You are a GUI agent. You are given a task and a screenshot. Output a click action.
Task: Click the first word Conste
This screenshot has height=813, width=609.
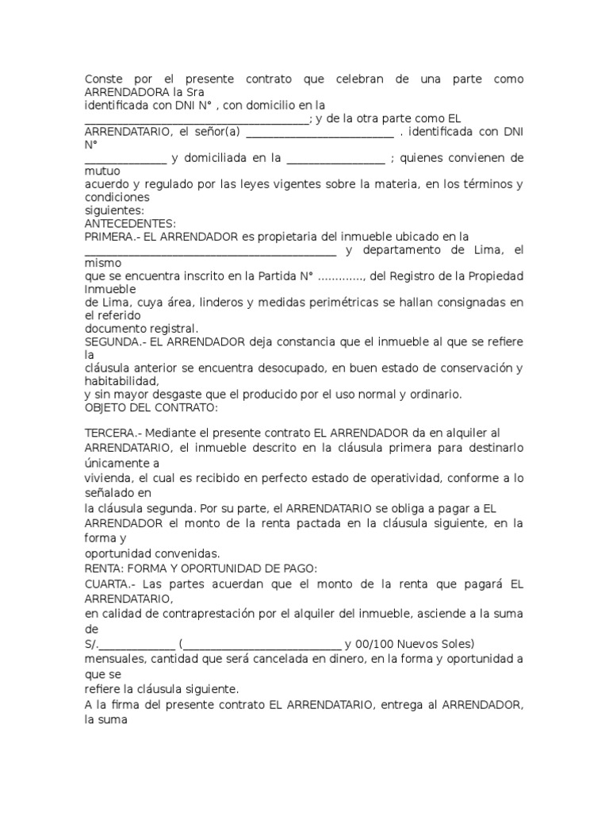[x=103, y=79]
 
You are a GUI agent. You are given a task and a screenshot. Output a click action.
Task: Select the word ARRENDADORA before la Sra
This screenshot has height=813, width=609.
[x=124, y=92]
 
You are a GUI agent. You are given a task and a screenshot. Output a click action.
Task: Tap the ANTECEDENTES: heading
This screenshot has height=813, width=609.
[x=130, y=224]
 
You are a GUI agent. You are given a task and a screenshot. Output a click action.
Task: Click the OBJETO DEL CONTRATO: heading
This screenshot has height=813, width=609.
[x=151, y=408]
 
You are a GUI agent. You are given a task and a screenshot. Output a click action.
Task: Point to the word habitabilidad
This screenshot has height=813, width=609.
[x=125, y=381]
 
